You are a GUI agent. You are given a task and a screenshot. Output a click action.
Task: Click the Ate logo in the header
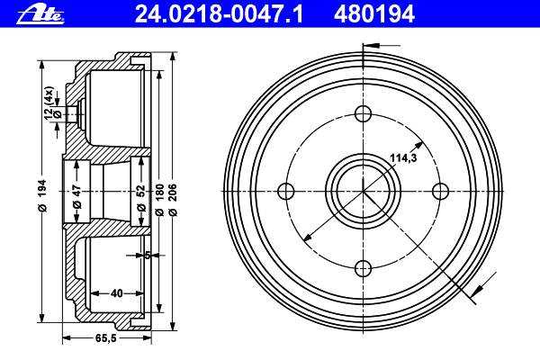pos(40,15)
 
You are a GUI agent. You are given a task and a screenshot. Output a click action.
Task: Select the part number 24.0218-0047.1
pos(219,14)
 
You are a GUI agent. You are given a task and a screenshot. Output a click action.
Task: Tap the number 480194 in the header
pos(374,14)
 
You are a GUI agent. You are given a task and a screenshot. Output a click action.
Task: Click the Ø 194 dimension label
pos(42,195)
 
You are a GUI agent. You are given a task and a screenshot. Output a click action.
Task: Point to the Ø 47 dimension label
pos(76,198)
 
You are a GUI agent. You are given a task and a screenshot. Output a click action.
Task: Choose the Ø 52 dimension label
pos(141,198)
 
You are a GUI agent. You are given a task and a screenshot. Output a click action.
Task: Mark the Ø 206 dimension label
pos(173,200)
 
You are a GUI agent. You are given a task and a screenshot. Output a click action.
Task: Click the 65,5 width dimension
pos(105,338)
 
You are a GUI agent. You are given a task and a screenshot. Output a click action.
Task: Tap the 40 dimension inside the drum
pos(117,293)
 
